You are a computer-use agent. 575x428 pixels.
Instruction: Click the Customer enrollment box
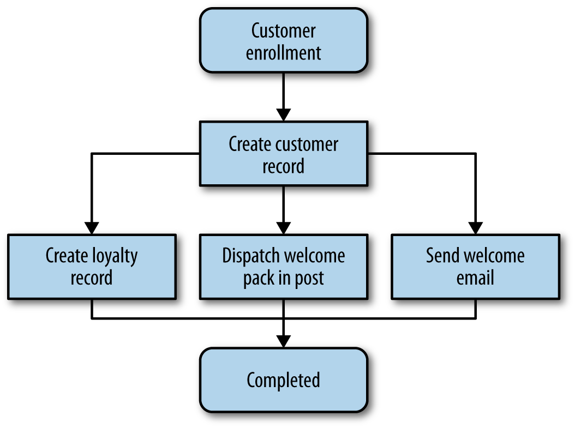pos(283,41)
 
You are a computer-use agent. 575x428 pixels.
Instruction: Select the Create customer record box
pos(283,154)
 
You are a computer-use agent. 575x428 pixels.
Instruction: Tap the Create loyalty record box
pos(92,267)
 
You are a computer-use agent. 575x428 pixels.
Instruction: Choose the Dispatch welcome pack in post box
pos(283,267)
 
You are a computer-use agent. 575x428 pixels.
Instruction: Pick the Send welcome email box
pos(475,267)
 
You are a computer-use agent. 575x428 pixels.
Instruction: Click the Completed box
pos(283,380)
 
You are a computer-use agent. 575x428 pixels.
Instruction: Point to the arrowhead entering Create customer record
pos(283,115)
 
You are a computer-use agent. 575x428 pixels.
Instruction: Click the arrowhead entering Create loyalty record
pos(92,228)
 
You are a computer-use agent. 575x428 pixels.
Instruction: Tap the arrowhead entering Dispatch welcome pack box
pos(283,228)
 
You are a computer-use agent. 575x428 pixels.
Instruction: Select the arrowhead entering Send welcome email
pos(475,228)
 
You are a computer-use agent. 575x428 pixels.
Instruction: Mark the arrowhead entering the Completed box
pos(283,341)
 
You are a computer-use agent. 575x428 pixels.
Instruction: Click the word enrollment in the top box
pos(283,53)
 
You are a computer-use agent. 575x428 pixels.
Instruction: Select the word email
pos(475,278)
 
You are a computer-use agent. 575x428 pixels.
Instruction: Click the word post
pos(308,279)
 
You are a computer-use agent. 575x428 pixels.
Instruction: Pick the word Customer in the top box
pos(283,31)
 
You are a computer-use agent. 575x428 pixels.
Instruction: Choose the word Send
pos(442,256)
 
